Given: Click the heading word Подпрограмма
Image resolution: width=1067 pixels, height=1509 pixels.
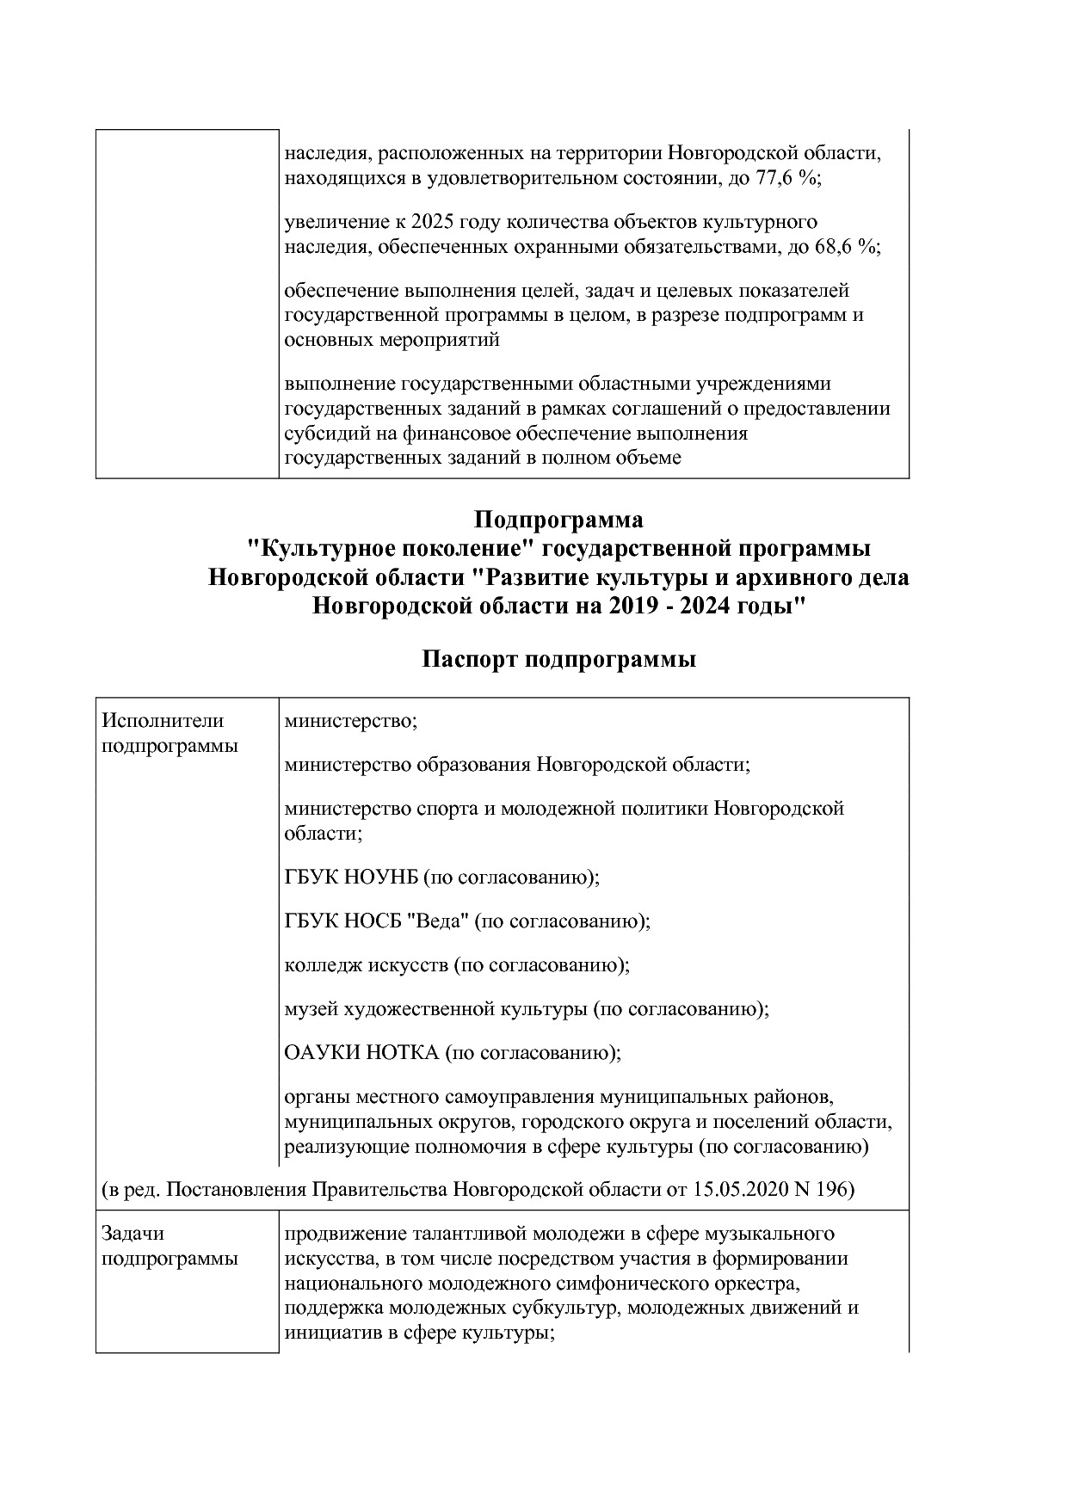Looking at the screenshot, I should point(558,520).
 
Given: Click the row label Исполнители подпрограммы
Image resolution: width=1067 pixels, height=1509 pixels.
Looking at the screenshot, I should point(169,733).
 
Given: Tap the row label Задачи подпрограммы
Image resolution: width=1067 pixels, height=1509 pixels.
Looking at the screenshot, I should point(169,1246).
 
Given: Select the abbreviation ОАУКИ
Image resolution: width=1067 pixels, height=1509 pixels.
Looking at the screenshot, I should point(317,1052).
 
